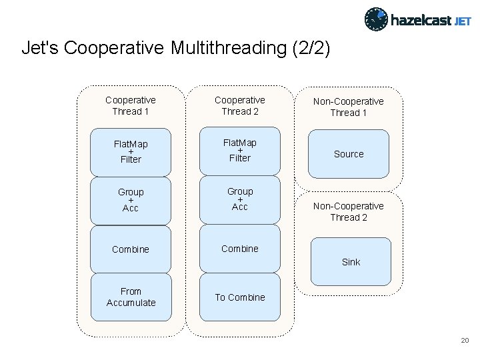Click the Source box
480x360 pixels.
tap(349, 154)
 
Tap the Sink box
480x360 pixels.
tap(351, 262)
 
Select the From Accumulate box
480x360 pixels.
tap(131, 297)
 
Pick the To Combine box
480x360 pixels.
tap(240, 297)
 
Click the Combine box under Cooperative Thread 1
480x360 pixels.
tap(131, 249)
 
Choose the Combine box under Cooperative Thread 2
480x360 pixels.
tap(240, 249)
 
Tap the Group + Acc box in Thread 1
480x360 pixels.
tap(131, 200)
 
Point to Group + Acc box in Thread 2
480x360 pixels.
tap(240, 199)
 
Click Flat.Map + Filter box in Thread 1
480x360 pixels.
tap(131, 152)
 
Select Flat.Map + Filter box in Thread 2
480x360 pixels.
tap(240, 151)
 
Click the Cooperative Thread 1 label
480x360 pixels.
tap(131, 106)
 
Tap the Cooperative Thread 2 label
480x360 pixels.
tap(240, 105)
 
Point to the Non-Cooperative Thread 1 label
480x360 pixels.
tap(349, 107)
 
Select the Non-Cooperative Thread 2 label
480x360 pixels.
tap(349, 212)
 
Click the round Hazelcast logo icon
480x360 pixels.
tap(375, 19)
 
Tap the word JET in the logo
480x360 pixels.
tap(463, 21)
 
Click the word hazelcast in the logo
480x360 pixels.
tap(420, 20)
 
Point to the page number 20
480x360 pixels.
tap(465, 341)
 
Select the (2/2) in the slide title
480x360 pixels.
tap(311, 49)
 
